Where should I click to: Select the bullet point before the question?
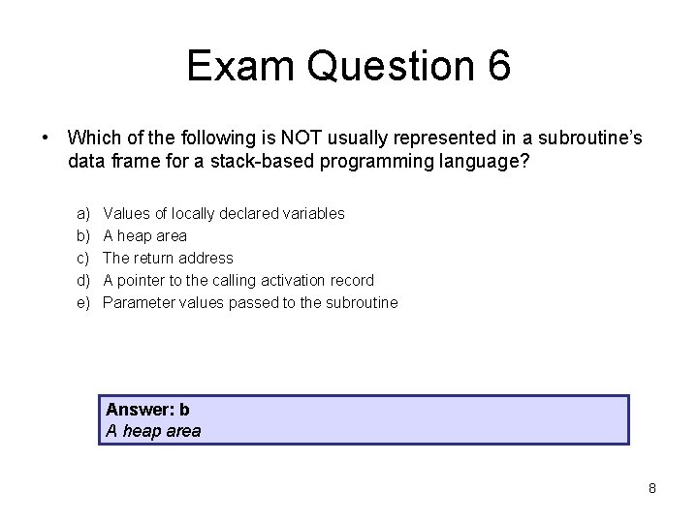[46, 138]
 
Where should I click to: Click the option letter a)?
[83, 213]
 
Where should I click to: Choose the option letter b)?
[83, 235]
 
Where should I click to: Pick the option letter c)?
[83, 258]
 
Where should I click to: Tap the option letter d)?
[83, 280]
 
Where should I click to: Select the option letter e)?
[83, 302]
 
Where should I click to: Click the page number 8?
[652, 488]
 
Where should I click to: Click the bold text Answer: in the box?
[141, 410]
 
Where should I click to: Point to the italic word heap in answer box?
[142, 431]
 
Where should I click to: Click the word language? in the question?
[488, 161]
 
